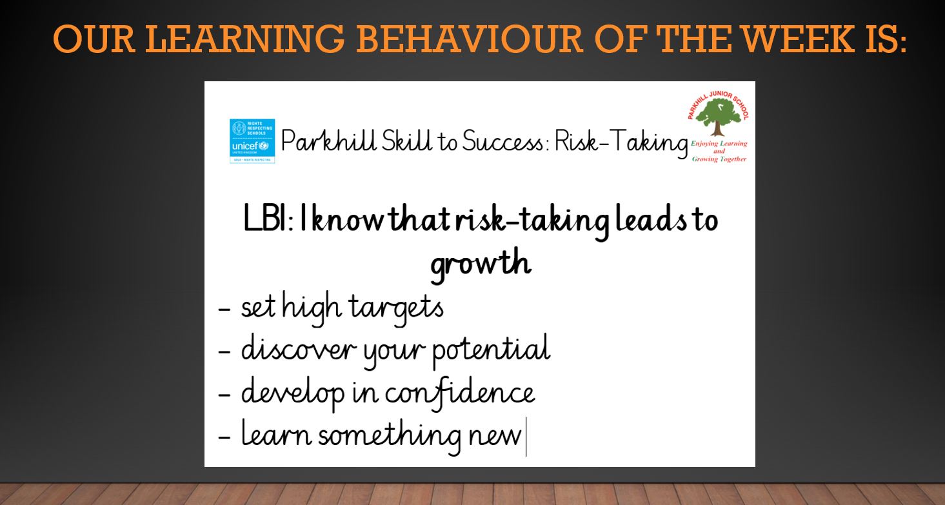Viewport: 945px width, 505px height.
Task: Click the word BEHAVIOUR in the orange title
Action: pos(470,39)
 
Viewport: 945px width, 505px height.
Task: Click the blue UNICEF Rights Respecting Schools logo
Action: pos(252,141)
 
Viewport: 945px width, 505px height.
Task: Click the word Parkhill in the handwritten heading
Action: pos(328,141)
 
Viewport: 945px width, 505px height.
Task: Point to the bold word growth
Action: pos(481,263)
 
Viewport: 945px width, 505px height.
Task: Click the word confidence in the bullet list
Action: pos(460,393)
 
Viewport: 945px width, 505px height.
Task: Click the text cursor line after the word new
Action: pos(526,437)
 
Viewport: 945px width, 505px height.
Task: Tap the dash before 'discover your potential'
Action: pos(224,351)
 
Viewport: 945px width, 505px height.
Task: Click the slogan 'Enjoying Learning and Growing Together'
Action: pos(719,151)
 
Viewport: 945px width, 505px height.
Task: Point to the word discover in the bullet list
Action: pos(299,348)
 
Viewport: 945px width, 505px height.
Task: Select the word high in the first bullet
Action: pos(312,307)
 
